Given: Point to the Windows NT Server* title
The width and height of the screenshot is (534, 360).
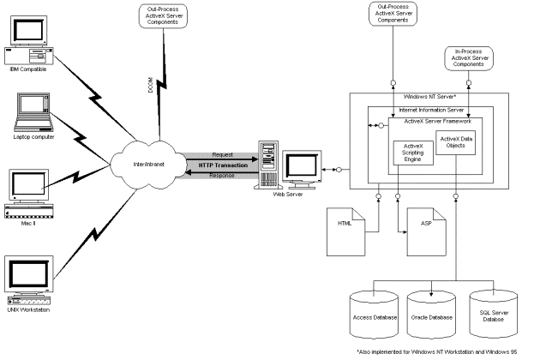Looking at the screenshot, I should click(x=433, y=97).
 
